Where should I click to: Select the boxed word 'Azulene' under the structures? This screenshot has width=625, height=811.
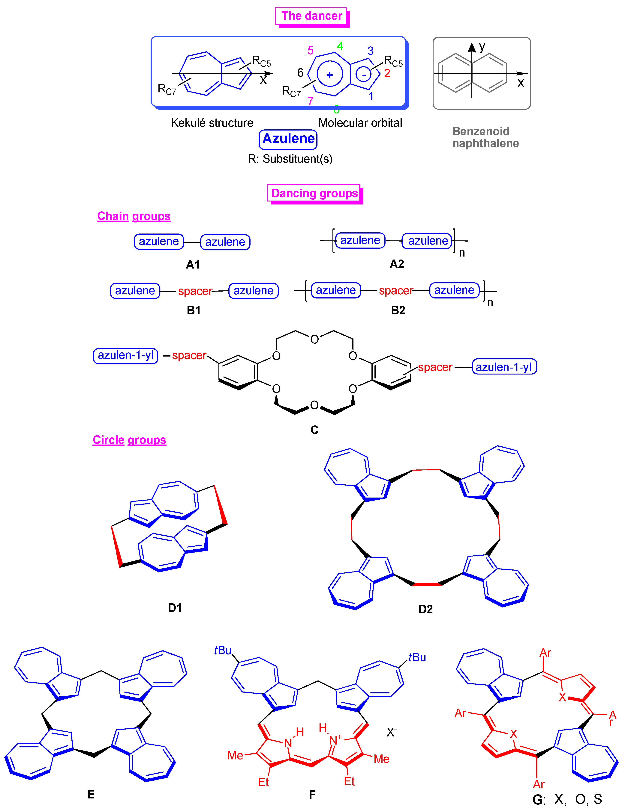(x=288, y=139)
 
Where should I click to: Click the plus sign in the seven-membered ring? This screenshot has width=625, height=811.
(x=329, y=75)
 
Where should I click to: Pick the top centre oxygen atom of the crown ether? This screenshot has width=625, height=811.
(x=314, y=339)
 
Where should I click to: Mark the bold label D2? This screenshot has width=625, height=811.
(x=426, y=609)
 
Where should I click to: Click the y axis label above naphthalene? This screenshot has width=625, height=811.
(x=482, y=47)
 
